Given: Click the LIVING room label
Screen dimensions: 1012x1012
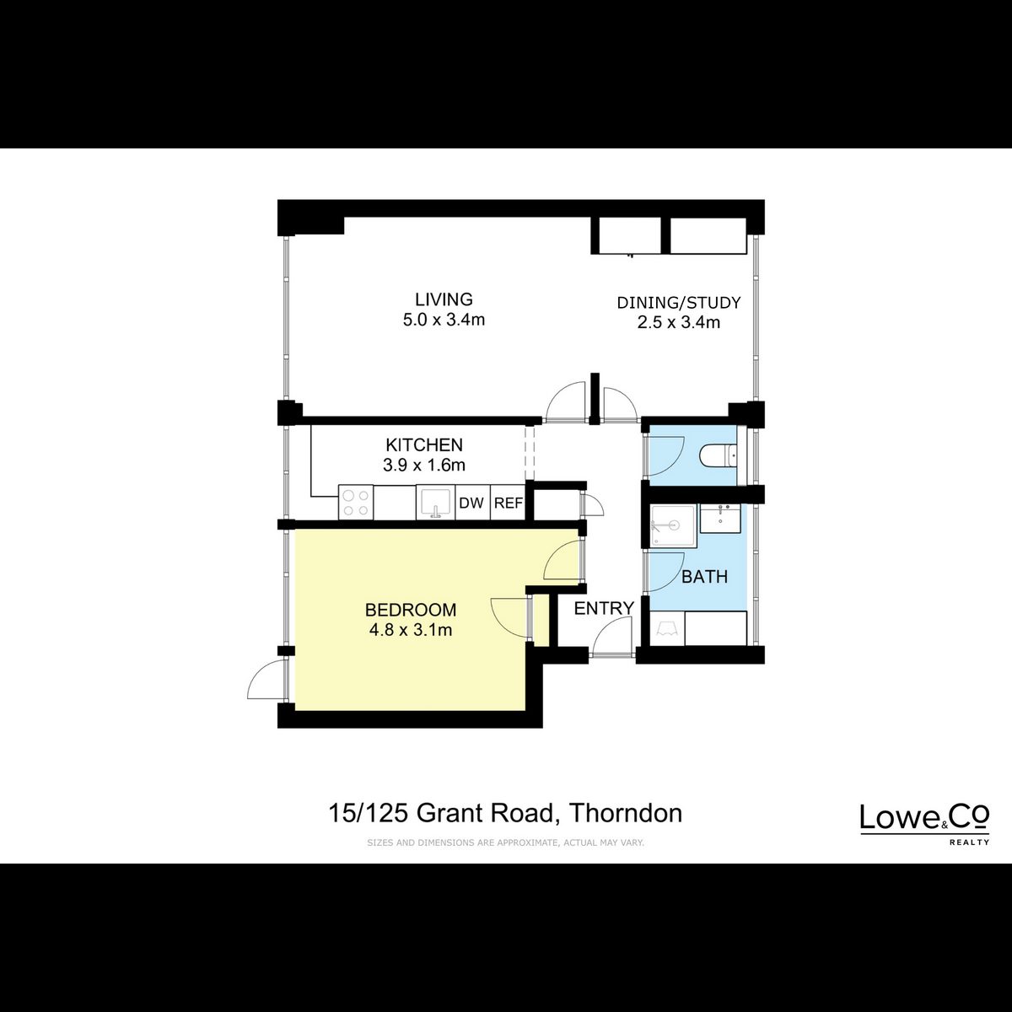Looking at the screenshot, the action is [x=444, y=299].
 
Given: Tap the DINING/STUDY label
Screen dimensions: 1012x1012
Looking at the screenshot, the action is [x=679, y=303].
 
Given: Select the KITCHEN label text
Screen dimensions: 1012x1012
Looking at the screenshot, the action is [x=424, y=444].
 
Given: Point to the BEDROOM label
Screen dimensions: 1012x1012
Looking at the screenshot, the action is [x=411, y=610].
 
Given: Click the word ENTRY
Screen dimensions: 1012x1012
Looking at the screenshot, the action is [x=604, y=608].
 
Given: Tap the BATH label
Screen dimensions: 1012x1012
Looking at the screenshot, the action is [x=705, y=577].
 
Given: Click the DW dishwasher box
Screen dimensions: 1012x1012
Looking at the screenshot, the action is [x=471, y=503].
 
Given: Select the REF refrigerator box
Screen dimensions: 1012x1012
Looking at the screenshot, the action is [x=509, y=503].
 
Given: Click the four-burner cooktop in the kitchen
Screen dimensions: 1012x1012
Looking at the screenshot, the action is [x=356, y=503].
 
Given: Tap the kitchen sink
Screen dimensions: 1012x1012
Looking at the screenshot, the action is [x=434, y=503].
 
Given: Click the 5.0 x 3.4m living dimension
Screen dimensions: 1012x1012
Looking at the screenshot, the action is [x=444, y=320].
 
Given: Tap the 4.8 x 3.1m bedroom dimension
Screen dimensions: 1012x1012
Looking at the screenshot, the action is [x=411, y=630].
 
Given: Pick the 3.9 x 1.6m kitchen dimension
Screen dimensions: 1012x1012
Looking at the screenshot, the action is [x=424, y=466].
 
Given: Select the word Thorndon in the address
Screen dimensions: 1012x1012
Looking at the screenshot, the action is [x=626, y=814].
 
